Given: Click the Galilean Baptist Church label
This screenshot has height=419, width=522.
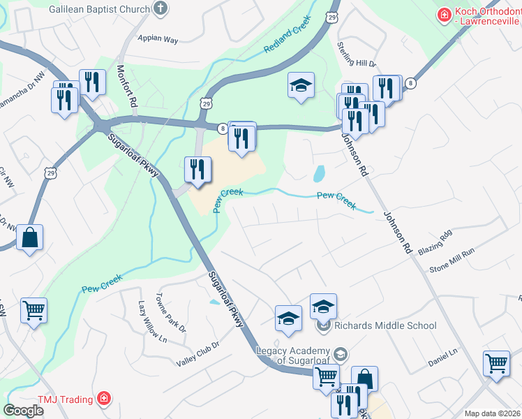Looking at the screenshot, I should pos(100,9).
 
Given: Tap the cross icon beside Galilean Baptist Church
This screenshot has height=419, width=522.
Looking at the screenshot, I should pos(161,9).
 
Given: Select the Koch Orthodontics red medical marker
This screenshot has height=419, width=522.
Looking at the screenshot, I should pos(443,14).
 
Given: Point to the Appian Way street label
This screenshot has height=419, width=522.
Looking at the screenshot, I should pos(158,39).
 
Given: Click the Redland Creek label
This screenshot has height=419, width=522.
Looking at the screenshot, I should pos(287,41).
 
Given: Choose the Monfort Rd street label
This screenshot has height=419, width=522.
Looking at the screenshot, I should pos(126,85).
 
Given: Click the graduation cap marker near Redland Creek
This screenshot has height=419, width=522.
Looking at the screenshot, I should pos(301,85).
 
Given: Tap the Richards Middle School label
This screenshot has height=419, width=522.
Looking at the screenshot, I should pos(385,325).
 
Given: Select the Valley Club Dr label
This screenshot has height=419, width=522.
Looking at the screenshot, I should pos(197,353).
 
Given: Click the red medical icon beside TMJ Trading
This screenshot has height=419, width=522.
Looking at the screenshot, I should pos(104,399).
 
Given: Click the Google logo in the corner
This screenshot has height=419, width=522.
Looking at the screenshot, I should pos(23,411).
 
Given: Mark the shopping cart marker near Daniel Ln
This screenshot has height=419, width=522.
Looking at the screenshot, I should pos(496,364).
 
